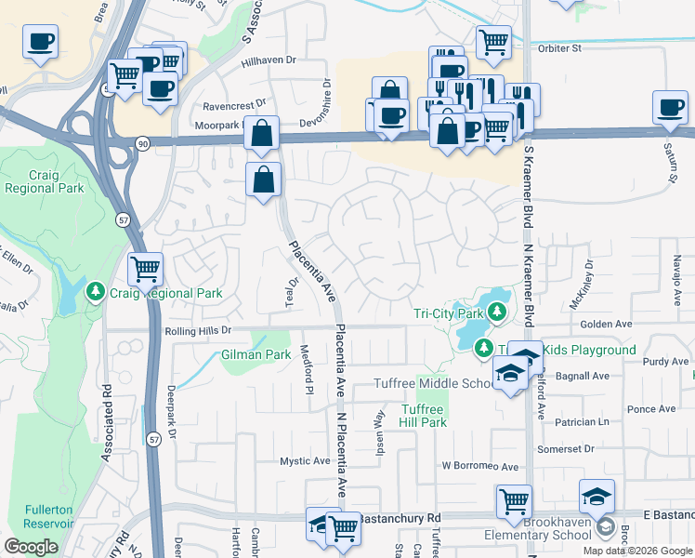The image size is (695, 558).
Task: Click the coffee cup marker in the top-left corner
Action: tap(40, 43)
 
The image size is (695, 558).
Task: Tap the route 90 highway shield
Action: tap(142, 143)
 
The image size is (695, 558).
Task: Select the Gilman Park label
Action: tap(256, 355)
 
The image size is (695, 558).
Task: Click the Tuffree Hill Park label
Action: tap(425, 416)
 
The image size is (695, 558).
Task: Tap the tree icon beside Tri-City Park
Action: tap(497, 311)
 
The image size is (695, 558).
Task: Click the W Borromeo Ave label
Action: tap(479, 465)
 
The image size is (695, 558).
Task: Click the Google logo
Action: tap(31, 547)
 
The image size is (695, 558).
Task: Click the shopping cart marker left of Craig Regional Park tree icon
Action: tap(145, 270)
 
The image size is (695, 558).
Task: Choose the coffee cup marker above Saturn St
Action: tap(669, 107)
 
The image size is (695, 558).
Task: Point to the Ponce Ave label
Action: tap(651, 409)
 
